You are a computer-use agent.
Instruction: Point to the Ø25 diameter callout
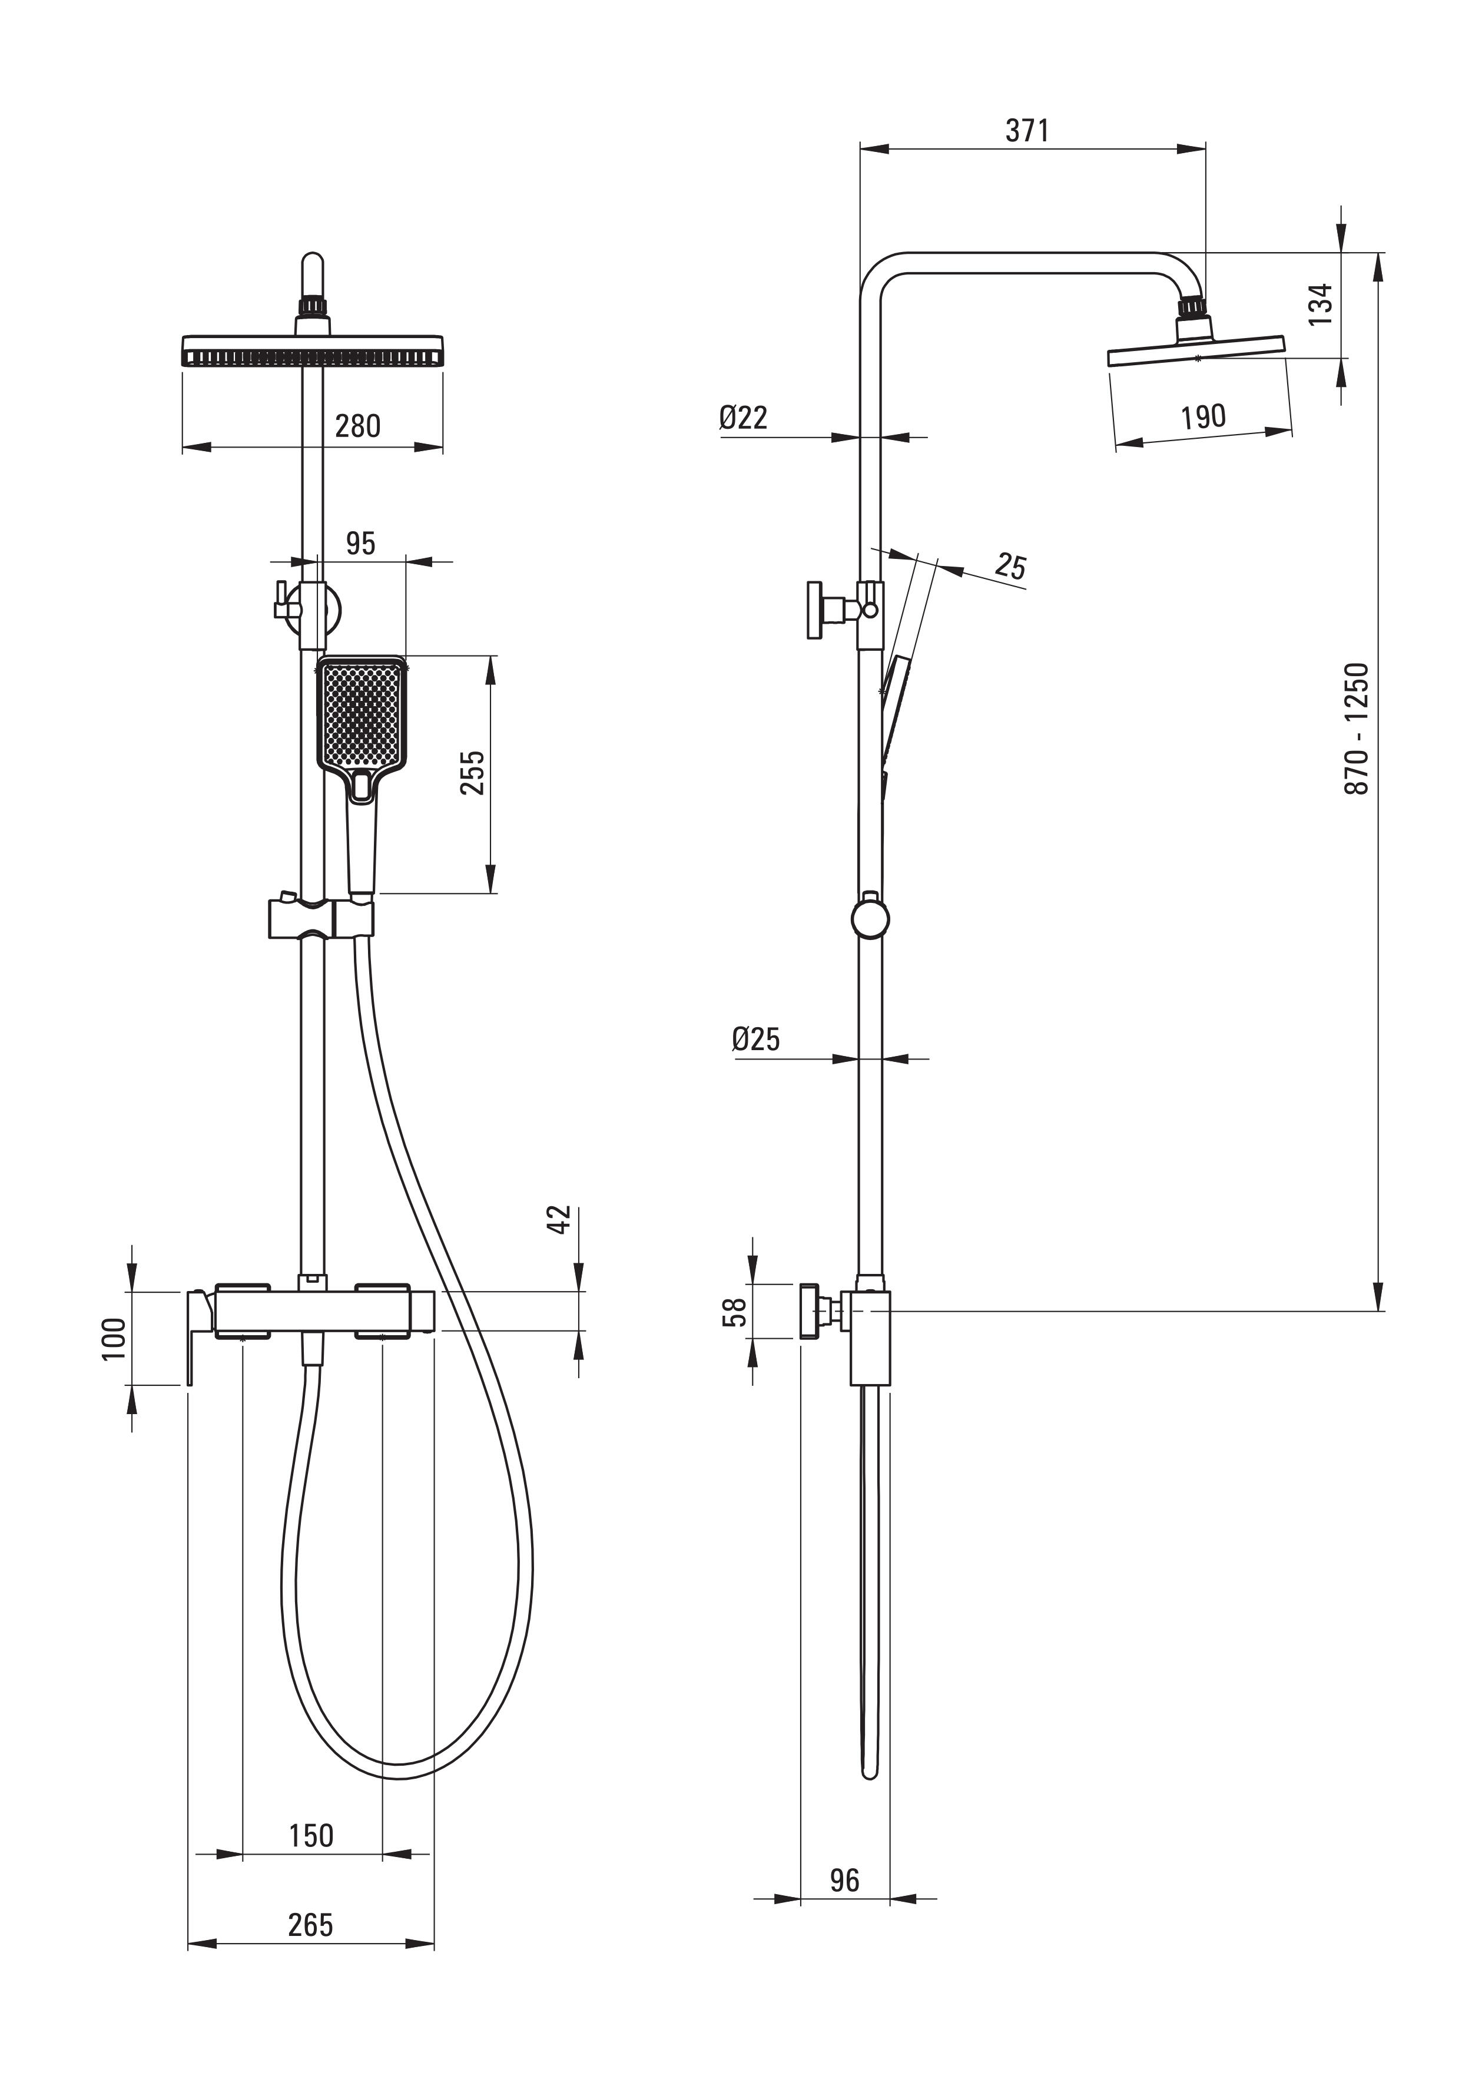(x=756, y=1038)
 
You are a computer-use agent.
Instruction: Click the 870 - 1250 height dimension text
(x=1356, y=729)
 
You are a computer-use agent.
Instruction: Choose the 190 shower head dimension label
(x=1204, y=417)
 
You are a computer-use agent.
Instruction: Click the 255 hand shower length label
(x=472, y=773)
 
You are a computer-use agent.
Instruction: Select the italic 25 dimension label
(x=1010, y=566)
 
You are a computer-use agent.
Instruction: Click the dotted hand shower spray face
(x=362, y=716)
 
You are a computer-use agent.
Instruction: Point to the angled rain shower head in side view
(x=1196, y=350)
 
